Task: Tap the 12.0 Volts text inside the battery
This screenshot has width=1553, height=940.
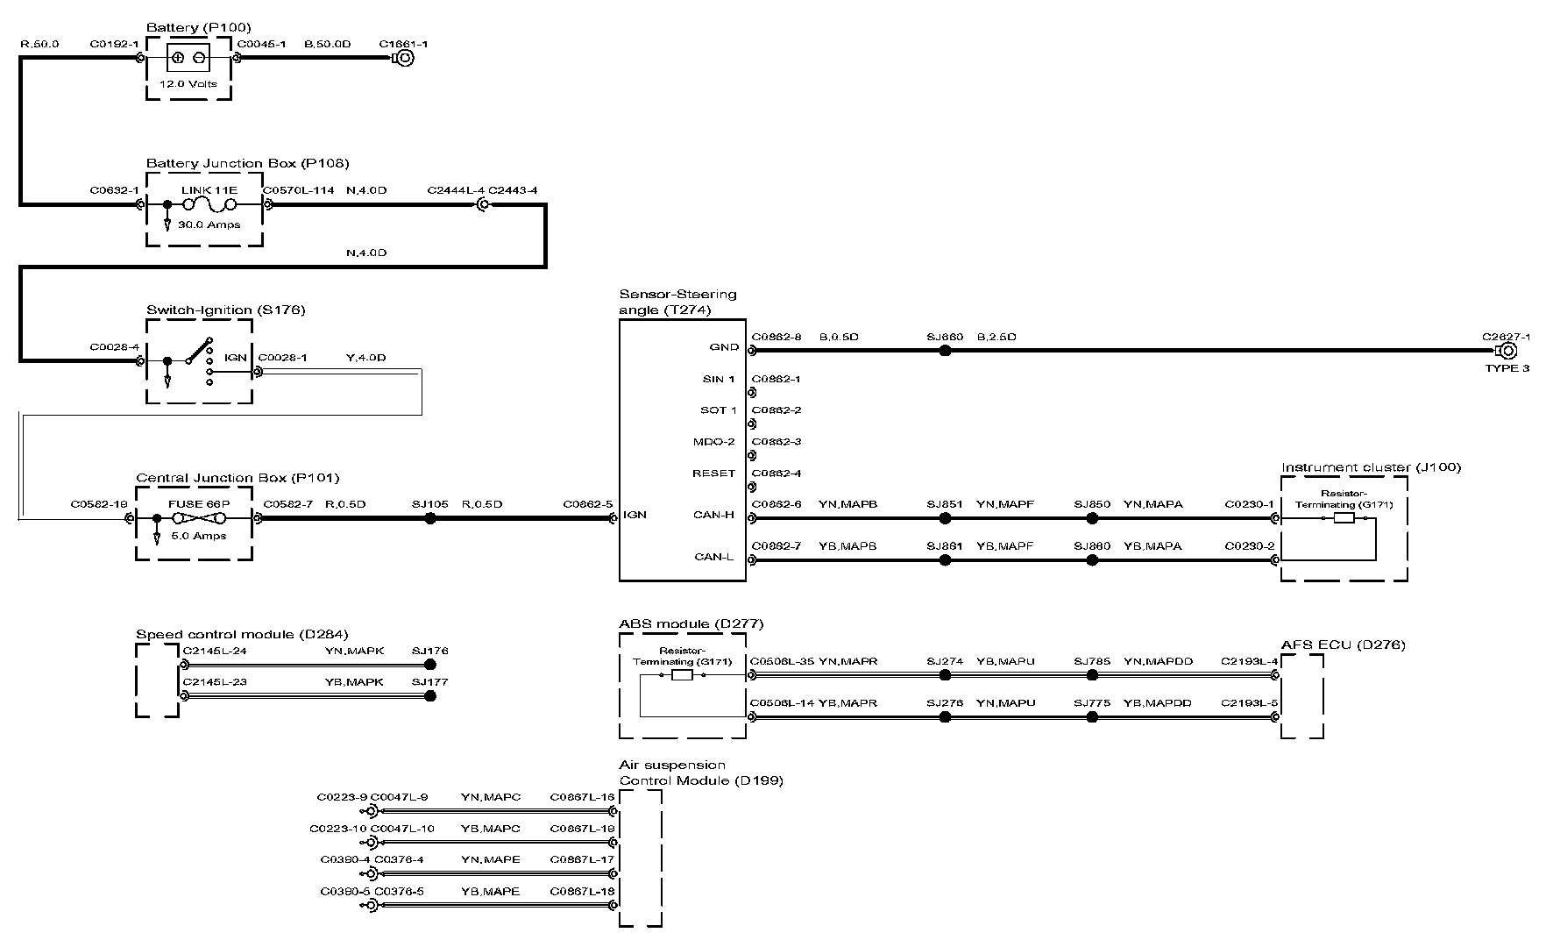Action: click(188, 84)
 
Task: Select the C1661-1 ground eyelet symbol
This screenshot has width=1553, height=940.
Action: click(404, 59)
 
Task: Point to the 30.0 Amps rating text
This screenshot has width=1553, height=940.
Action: click(209, 224)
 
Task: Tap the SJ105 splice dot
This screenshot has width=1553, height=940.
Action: click(429, 518)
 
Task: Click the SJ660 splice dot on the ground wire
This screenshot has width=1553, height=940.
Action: click(945, 351)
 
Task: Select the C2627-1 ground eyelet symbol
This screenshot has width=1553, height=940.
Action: click(1508, 352)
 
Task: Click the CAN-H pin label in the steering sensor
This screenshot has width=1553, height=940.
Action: click(714, 515)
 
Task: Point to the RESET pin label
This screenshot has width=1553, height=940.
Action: click(714, 474)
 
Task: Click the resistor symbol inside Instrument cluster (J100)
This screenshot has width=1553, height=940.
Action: click(1343, 519)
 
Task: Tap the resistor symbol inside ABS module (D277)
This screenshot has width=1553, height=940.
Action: click(682, 676)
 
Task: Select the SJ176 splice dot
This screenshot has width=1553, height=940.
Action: click(429, 665)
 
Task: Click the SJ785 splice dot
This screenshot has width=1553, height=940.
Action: click(1092, 675)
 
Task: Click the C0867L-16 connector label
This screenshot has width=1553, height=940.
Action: click(582, 797)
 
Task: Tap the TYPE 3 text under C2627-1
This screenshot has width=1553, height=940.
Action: click(1507, 368)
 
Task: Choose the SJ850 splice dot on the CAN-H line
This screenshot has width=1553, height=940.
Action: click(1092, 518)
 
